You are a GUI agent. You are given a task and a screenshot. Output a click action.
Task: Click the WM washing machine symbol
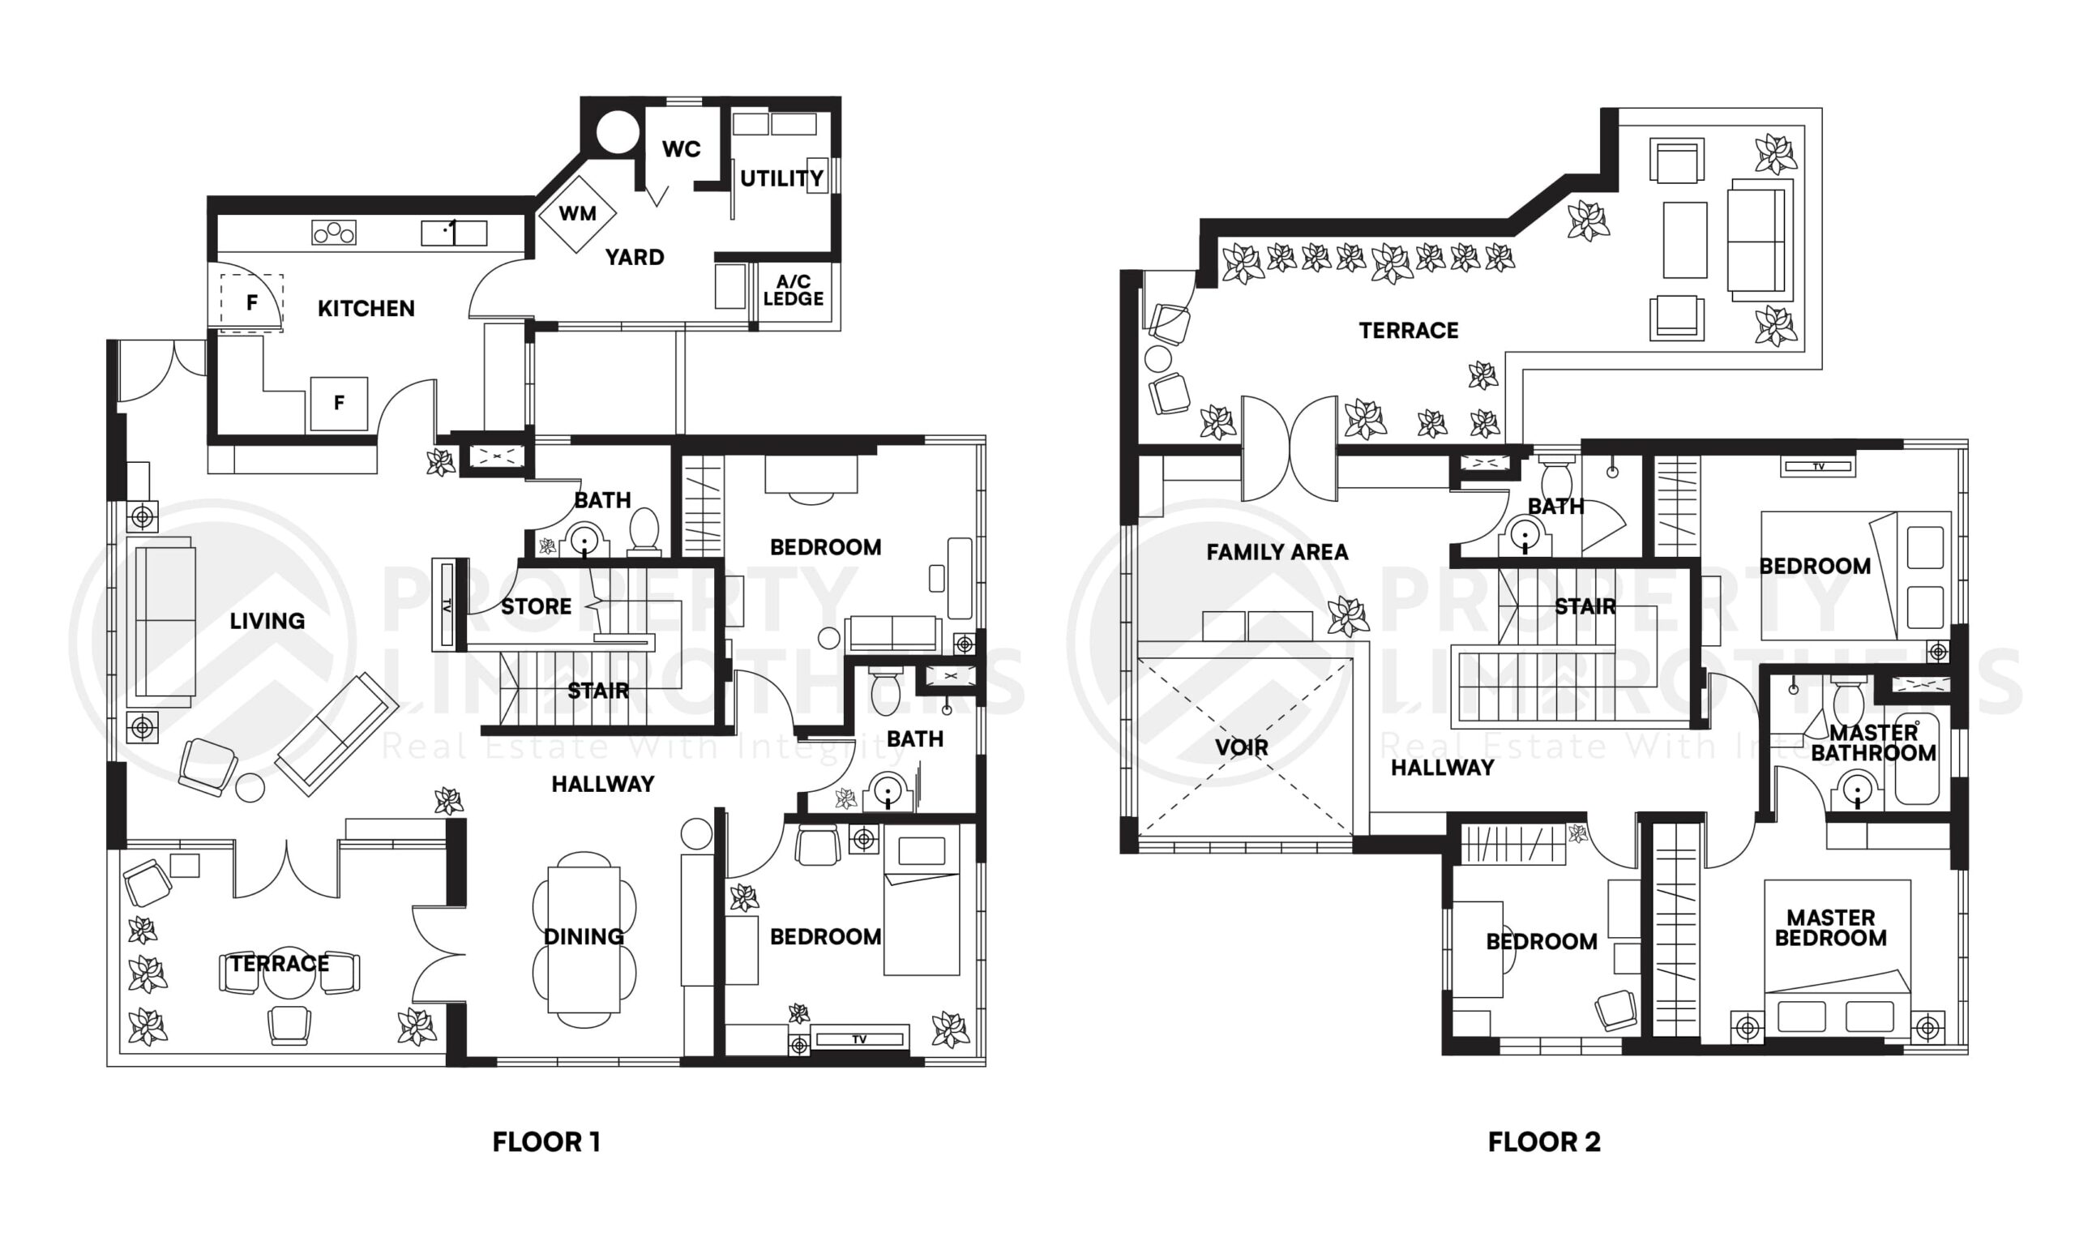click(578, 214)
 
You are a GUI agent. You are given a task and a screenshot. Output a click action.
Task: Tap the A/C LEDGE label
click(794, 290)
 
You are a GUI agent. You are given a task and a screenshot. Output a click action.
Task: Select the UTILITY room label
click(781, 178)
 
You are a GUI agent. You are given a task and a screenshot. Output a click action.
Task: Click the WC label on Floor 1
click(682, 150)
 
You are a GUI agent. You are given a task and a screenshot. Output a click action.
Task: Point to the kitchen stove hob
click(333, 232)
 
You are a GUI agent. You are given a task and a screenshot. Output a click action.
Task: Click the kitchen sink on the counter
click(454, 232)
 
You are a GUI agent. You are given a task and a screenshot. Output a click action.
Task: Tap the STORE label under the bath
click(537, 606)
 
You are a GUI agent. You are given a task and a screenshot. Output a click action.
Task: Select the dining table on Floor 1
click(584, 939)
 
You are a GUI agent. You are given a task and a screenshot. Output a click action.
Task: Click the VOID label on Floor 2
click(1242, 747)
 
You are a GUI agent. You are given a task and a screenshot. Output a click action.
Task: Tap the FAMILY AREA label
click(1277, 553)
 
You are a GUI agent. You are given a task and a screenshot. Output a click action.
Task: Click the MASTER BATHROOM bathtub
click(1917, 759)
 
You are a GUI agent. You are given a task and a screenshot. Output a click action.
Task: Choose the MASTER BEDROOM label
click(1831, 927)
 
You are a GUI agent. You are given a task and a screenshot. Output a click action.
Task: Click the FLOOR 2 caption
click(1543, 1142)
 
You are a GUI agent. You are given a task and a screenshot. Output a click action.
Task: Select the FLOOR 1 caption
click(546, 1142)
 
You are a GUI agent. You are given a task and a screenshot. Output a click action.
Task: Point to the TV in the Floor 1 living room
click(447, 604)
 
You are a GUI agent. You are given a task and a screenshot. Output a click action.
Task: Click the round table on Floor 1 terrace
click(289, 971)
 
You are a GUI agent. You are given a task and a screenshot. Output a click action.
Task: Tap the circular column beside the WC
click(618, 132)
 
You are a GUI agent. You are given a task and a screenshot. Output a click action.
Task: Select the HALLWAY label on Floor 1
click(603, 784)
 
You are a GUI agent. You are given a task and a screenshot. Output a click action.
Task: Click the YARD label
click(634, 257)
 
